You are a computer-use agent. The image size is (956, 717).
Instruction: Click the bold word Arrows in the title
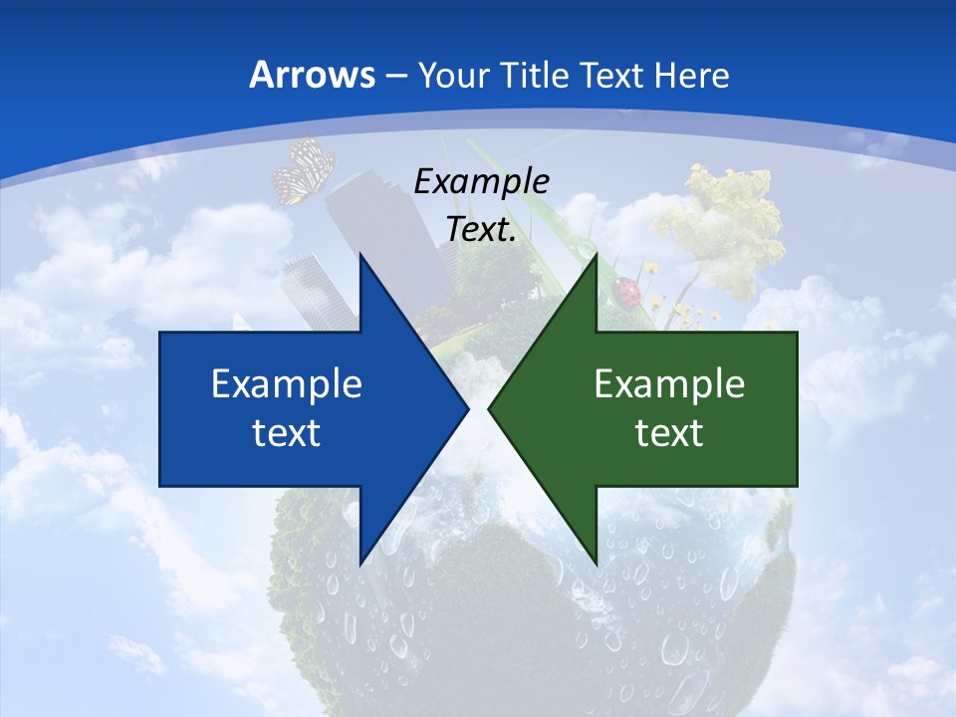coord(312,75)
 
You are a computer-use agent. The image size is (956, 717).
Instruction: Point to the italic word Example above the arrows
coord(482,181)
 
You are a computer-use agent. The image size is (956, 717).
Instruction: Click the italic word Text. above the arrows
coord(482,229)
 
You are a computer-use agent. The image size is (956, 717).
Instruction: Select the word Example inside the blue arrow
coord(287,383)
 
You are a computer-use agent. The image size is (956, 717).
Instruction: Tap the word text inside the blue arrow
coord(287,432)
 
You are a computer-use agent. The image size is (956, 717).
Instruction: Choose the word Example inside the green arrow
coord(669,383)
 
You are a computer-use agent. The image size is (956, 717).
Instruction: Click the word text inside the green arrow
coord(669,432)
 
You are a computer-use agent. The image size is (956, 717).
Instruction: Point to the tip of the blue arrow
coord(467,408)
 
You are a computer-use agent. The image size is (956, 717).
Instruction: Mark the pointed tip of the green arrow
coord(489,408)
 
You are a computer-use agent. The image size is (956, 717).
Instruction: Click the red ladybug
coord(628,292)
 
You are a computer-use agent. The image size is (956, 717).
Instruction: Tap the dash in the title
coord(395,75)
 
